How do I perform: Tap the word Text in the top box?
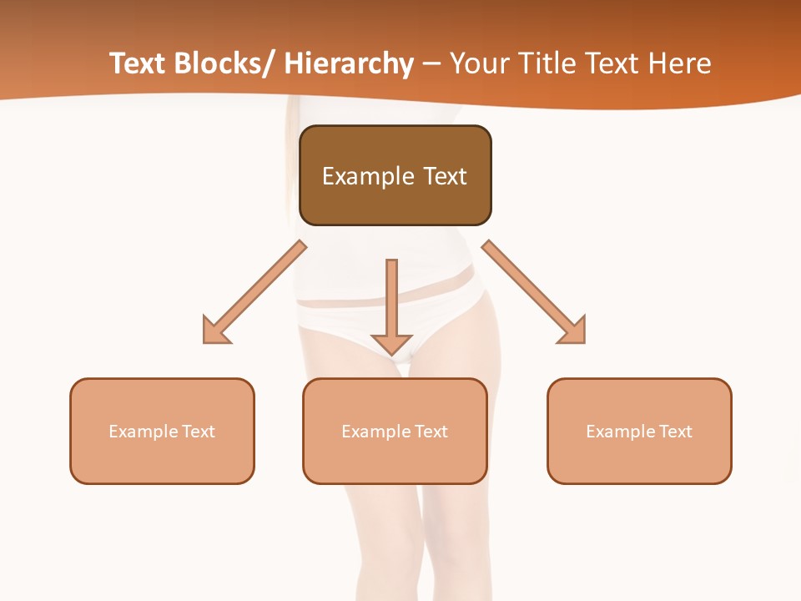[443, 176]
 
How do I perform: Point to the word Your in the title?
[478, 63]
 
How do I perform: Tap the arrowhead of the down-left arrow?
[215, 331]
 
